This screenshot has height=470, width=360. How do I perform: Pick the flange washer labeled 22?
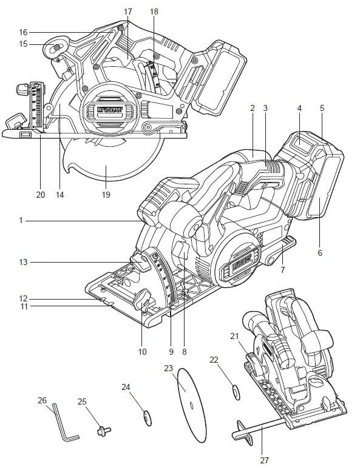tap(234, 389)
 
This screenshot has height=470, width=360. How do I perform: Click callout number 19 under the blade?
tap(107, 195)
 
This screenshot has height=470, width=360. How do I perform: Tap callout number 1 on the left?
tap(21, 221)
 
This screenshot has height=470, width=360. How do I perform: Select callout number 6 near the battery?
tap(319, 252)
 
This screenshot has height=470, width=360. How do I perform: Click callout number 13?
tap(22, 262)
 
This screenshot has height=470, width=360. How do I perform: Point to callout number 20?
tap(41, 195)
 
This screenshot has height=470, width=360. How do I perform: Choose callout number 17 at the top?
tap(127, 12)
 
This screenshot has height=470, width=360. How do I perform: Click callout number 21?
tap(235, 335)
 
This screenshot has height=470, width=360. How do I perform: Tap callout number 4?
tap(299, 109)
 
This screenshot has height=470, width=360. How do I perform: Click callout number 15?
tap(24, 43)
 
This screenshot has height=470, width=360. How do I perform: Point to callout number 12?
tap(24, 298)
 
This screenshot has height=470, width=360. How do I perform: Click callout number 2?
tap(251, 109)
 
